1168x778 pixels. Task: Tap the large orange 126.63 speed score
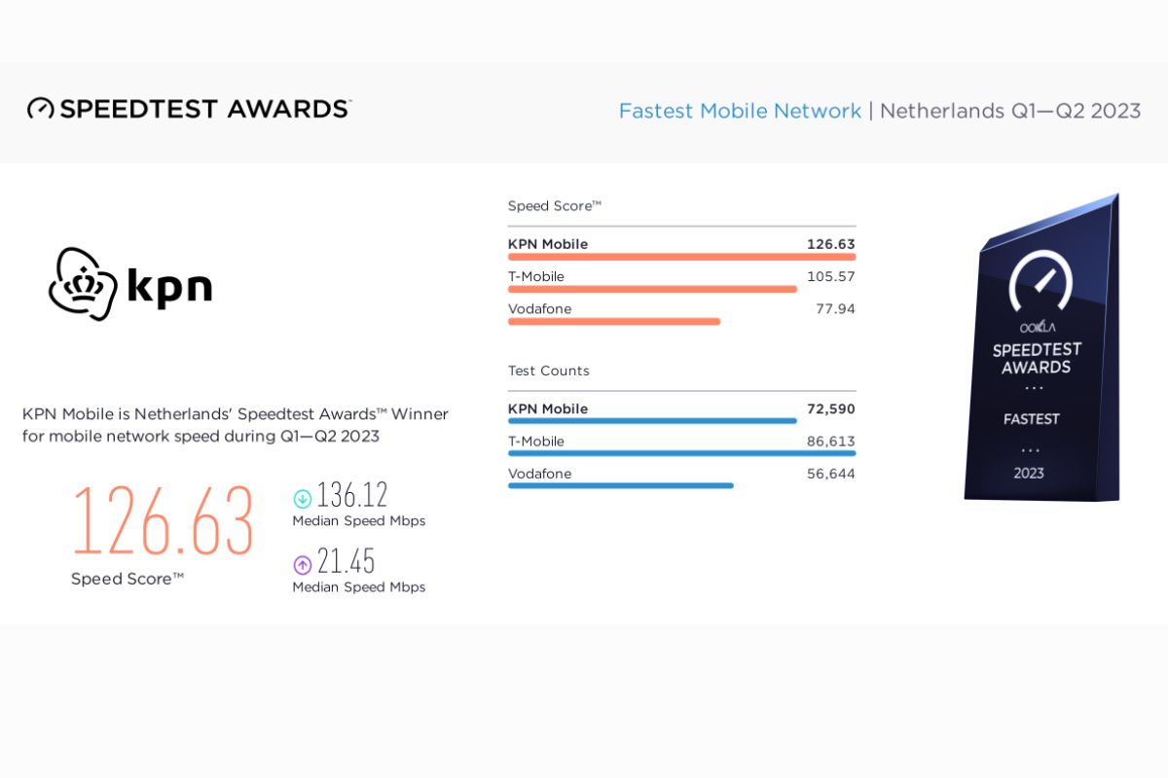coord(163,521)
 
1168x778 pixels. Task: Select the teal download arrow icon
coord(302,499)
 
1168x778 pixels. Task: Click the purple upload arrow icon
coord(302,565)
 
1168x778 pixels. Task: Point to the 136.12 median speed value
coord(352,496)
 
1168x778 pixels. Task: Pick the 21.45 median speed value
coord(347,562)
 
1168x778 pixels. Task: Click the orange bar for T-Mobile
coord(652,289)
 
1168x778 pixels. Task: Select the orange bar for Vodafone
coord(614,321)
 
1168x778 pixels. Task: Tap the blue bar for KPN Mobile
coord(652,421)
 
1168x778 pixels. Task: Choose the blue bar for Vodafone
coord(620,485)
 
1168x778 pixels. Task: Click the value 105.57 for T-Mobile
coord(830,277)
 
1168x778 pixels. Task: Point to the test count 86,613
coord(830,442)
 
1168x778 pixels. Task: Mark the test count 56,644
coord(830,475)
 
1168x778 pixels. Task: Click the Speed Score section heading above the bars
coord(555,206)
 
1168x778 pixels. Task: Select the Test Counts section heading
coord(549,371)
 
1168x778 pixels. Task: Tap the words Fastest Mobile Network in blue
coord(740,111)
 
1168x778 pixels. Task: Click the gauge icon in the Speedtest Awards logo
coord(41,108)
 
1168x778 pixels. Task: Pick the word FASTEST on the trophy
coord(1032,419)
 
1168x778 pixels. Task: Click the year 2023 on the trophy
coord(1029,474)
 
